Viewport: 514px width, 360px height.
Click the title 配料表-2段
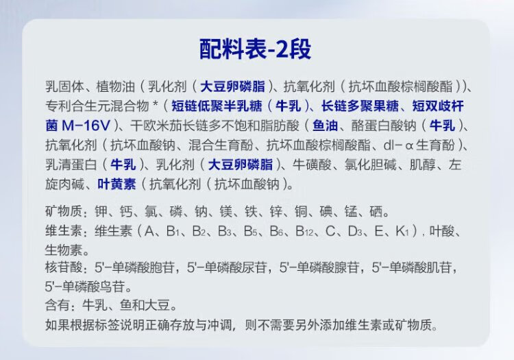[256, 49]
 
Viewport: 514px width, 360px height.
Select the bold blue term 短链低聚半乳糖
[217, 106]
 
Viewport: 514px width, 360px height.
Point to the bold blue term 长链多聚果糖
[360, 106]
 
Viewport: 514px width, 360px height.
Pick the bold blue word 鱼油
[325, 125]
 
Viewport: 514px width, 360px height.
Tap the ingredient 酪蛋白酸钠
[384, 125]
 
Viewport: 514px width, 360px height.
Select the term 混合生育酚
[221, 145]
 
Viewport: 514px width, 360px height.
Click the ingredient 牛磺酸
[312, 165]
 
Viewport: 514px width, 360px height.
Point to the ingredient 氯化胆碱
[370, 165]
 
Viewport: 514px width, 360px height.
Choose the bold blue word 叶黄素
[117, 184]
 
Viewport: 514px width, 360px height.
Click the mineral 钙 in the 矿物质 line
[126, 211]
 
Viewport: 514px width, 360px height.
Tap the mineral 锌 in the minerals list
[276, 211]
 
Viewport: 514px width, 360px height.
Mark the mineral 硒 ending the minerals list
[376, 211]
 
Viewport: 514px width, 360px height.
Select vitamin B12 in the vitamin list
[304, 231]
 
